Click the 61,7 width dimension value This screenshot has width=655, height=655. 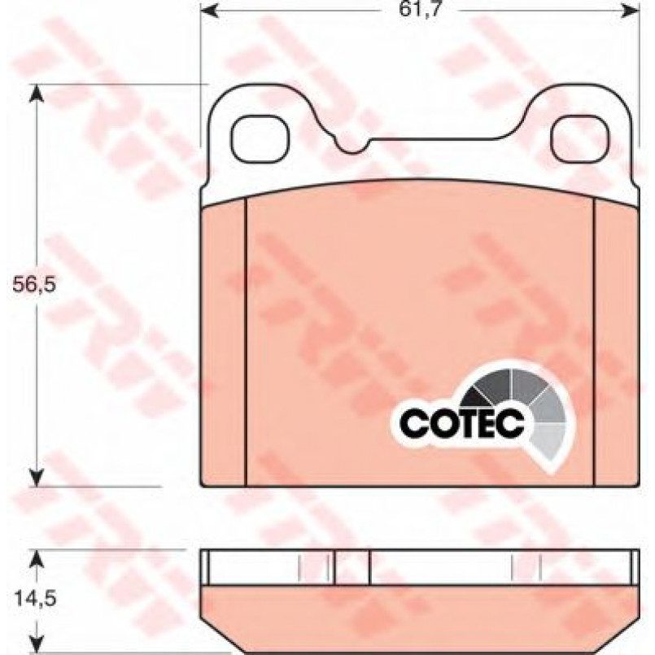click(x=420, y=9)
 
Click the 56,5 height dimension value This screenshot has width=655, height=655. click(x=34, y=285)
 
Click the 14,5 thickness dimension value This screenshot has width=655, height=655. click(x=36, y=599)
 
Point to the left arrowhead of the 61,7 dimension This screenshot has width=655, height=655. click(x=209, y=11)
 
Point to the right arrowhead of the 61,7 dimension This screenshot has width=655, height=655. click(x=631, y=11)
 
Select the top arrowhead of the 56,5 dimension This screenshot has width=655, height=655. click(x=37, y=94)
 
